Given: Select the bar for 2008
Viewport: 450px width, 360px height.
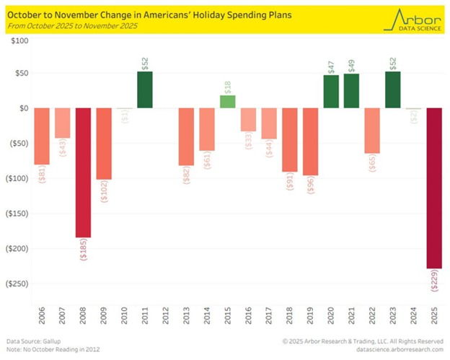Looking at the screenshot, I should pyautogui.click(x=83, y=172).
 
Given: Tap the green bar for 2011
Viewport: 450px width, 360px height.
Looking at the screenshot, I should pyautogui.click(x=145, y=90).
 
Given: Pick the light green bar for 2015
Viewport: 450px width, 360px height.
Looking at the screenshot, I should pyautogui.click(x=228, y=102).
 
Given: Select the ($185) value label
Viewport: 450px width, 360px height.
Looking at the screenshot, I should pyautogui.click(x=83, y=249).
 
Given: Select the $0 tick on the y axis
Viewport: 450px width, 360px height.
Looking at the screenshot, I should pyautogui.click(x=22, y=109).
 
